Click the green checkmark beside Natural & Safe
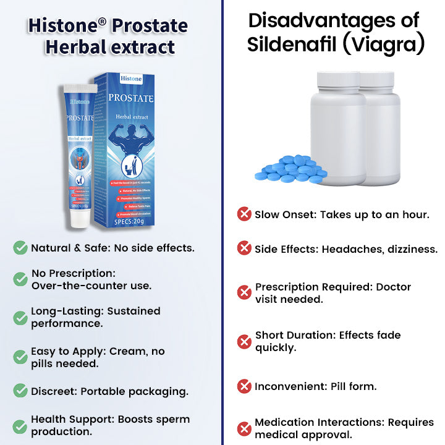point(20,248)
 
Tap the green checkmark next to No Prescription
point(20,279)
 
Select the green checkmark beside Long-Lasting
point(20,318)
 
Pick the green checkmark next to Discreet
point(20,391)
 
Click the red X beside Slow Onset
point(244,214)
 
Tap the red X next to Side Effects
point(244,248)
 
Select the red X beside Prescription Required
point(244,292)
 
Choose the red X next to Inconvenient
point(244,386)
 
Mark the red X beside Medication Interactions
point(244,428)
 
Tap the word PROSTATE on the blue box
point(131,98)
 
